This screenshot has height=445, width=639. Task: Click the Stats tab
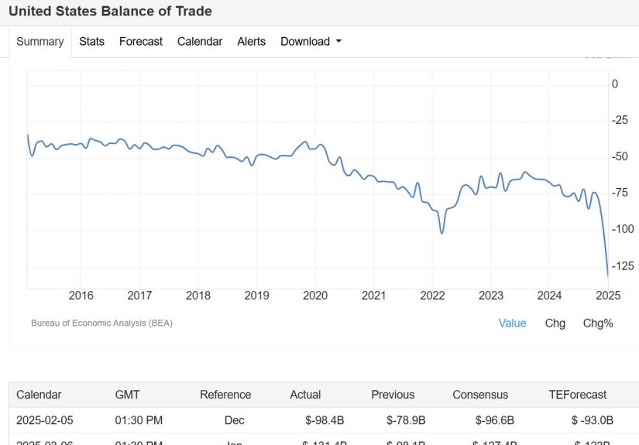click(x=91, y=42)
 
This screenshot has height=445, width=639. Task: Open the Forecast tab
click(x=141, y=42)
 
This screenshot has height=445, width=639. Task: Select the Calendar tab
click(x=200, y=42)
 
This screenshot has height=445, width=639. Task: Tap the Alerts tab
click(x=251, y=42)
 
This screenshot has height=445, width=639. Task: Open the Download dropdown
click(x=311, y=42)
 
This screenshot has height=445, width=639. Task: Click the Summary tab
click(x=40, y=42)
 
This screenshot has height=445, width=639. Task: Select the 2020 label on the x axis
click(x=315, y=296)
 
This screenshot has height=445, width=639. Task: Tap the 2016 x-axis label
click(x=81, y=296)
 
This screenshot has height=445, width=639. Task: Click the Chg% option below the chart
click(x=598, y=323)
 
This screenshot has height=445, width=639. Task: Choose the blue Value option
click(x=512, y=323)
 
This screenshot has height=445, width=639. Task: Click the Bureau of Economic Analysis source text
click(x=101, y=323)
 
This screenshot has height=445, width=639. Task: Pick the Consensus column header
click(x=480, y=395)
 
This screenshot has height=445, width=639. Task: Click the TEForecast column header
click(x=577, y=395)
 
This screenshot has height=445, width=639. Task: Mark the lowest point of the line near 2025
click(x=608, y=276)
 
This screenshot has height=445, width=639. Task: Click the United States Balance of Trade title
click(x=110, y=12)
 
